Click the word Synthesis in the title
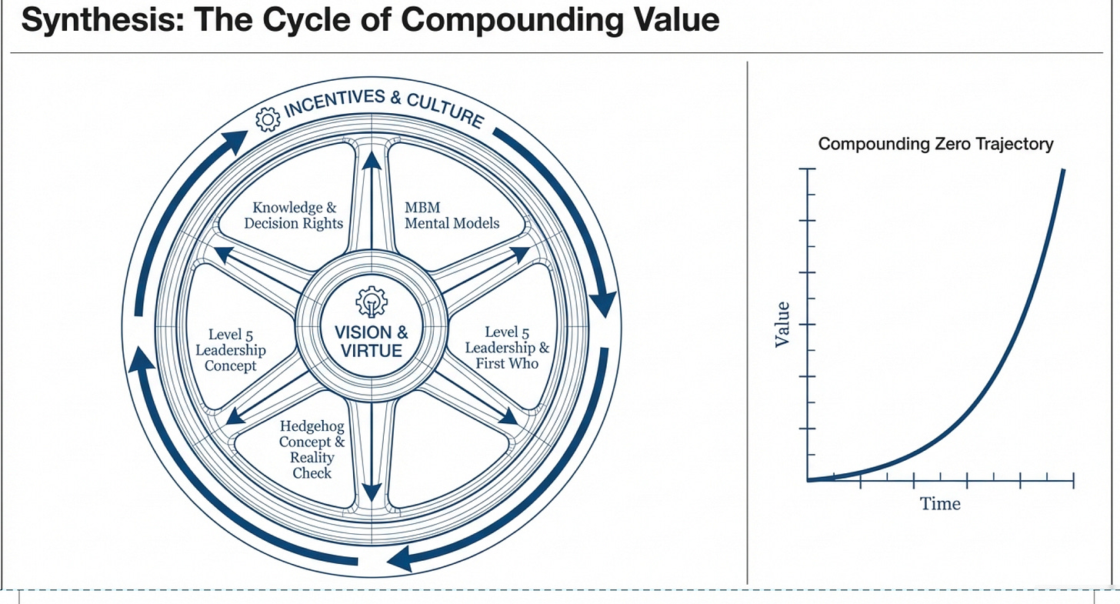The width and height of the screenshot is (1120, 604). click(x=102, y=19)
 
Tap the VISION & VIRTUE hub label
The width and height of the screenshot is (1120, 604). click(x=372, y=342)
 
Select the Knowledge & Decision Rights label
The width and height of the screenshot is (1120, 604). click(x=294, y=215)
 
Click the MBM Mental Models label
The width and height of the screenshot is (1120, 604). click(x=452, y=215)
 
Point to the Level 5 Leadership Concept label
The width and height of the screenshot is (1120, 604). click(x=231, y=349)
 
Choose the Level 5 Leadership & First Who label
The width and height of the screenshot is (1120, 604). click(x=507, y=348)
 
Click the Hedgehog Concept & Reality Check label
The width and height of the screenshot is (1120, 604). click(x=312, y=449)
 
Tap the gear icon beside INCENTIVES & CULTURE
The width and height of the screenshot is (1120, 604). click(x=268, y=119)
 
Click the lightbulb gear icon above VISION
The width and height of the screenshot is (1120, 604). click(x=372, y=302)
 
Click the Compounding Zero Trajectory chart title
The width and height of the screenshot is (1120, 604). click(x=935, y=144)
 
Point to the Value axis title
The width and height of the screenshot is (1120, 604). click(x=782, y=324)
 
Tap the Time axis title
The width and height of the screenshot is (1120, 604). click(x=940, y=503)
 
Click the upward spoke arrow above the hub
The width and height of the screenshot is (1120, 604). click(x=372, y=200)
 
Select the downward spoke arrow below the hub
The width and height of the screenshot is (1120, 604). click(x=372, y=452)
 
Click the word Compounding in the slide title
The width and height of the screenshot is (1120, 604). click(x=512, y=20)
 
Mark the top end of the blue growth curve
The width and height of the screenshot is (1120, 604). click(x=1063, y=170)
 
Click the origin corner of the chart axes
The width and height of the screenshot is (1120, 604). click(x=808, y=480)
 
